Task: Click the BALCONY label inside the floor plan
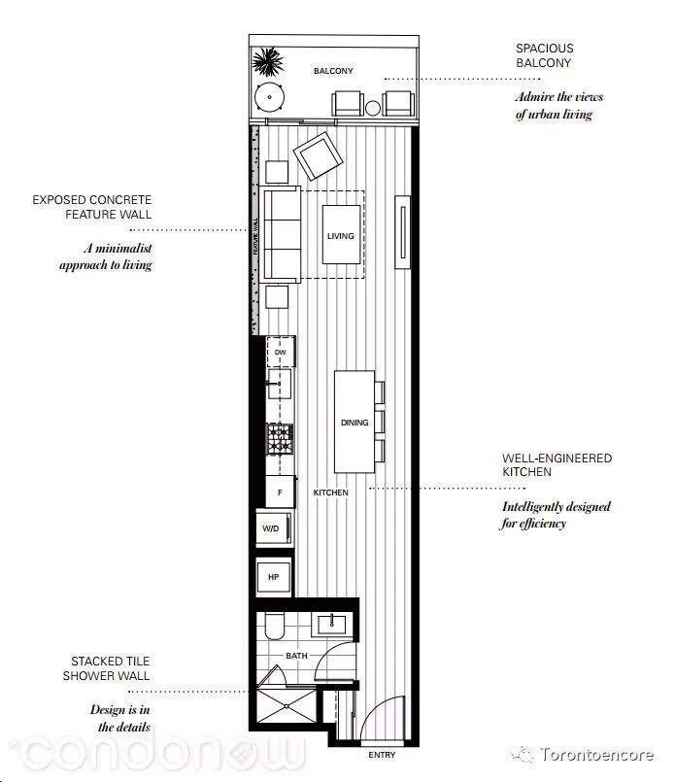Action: click(333, 71)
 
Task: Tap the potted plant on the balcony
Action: click(268, 61)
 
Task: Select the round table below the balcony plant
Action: click(269, 97)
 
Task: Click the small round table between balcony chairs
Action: click(372, 108)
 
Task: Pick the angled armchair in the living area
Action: click(318, 155)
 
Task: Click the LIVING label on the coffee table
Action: click(341, 236)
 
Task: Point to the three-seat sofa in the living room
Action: click(280, 235)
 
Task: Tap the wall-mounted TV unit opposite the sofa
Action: click(403, 232)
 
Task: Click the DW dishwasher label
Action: click(280, 352)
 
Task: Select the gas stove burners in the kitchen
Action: click(280, 439)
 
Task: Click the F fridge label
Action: click(280, 493)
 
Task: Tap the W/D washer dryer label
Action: click(271, 528)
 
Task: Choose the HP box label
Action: click(273, 577)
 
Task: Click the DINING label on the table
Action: click(354, 423)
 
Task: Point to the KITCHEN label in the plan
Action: click(330, 493)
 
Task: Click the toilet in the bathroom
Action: click(274, 626)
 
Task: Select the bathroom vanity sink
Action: click(331, 625)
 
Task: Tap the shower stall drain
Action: click(287, 706)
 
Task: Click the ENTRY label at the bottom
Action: click(382, 755)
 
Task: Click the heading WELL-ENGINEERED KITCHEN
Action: click(557, 464)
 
